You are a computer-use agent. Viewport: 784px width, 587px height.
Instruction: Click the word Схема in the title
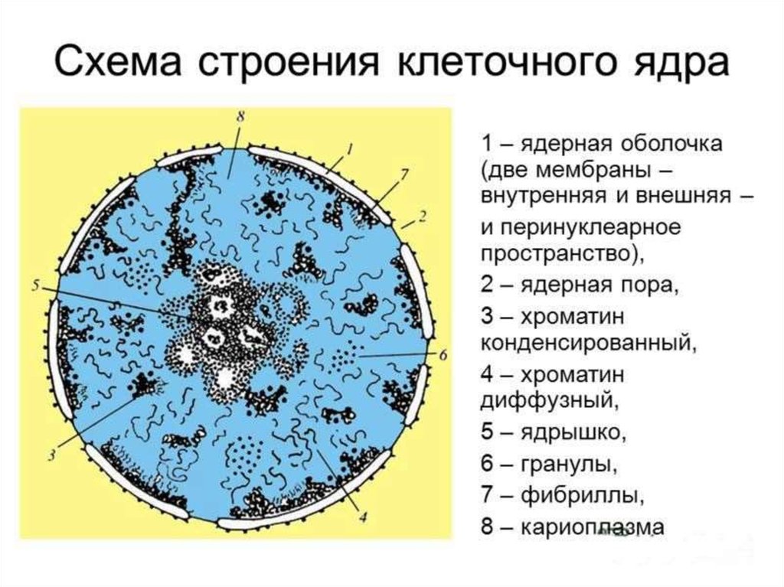[117, 62]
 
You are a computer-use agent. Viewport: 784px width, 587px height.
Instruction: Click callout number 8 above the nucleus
[240, 117]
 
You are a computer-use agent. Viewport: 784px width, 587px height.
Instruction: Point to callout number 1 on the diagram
[351, 148]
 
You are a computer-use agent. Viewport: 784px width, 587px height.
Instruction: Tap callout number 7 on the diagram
[404, 174]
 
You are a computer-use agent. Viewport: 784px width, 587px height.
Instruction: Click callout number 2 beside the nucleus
[423, 216]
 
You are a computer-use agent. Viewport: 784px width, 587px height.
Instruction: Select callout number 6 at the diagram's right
[443, 356]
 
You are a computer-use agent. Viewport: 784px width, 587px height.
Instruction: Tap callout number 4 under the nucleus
[362, 517]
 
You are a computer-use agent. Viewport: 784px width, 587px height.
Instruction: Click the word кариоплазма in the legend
[593, 527]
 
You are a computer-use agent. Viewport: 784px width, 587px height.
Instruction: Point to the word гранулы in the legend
[569, 465]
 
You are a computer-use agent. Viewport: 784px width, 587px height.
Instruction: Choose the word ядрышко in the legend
[573, 433]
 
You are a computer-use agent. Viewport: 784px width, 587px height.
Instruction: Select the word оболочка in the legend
[671, 144]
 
